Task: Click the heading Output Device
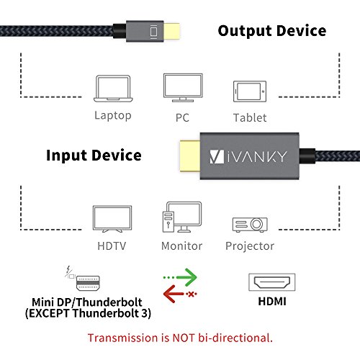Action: tap(272, 31)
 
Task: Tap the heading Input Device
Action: tap(94, 156)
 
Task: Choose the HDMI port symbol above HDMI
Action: tap(269, 281)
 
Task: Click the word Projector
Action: tap(249, 246)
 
